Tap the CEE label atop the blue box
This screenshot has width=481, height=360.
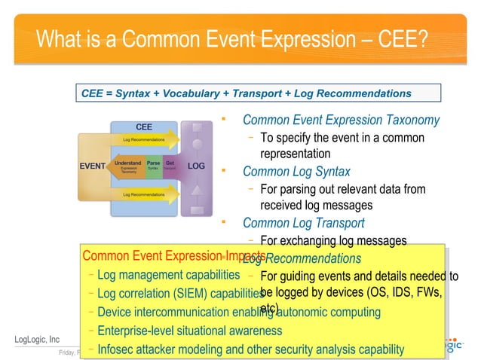pos(144,127)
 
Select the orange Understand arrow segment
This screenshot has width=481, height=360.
pos(126,166)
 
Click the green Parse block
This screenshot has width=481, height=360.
pos(153,166)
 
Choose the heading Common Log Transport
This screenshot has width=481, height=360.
pos(303,223)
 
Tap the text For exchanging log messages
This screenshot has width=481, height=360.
pos(332,241)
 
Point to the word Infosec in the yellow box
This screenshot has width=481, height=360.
pos(118,349)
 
